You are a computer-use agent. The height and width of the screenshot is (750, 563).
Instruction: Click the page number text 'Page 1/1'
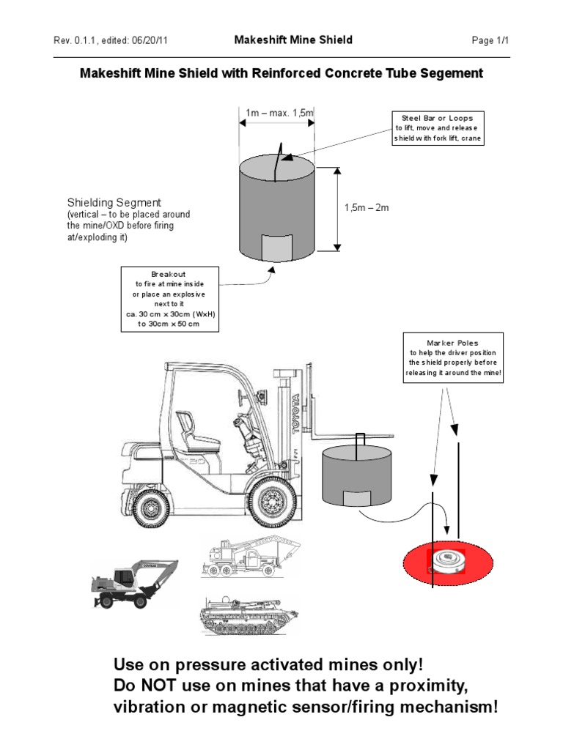click(491, 41)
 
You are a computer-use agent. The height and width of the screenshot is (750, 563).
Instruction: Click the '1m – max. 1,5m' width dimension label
click(279, 112)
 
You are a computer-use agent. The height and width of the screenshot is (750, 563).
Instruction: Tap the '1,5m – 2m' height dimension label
click(366, 208)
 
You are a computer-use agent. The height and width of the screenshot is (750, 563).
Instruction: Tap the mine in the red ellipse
click(448, 562)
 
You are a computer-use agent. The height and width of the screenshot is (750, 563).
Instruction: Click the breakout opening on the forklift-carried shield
click(358, 498)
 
